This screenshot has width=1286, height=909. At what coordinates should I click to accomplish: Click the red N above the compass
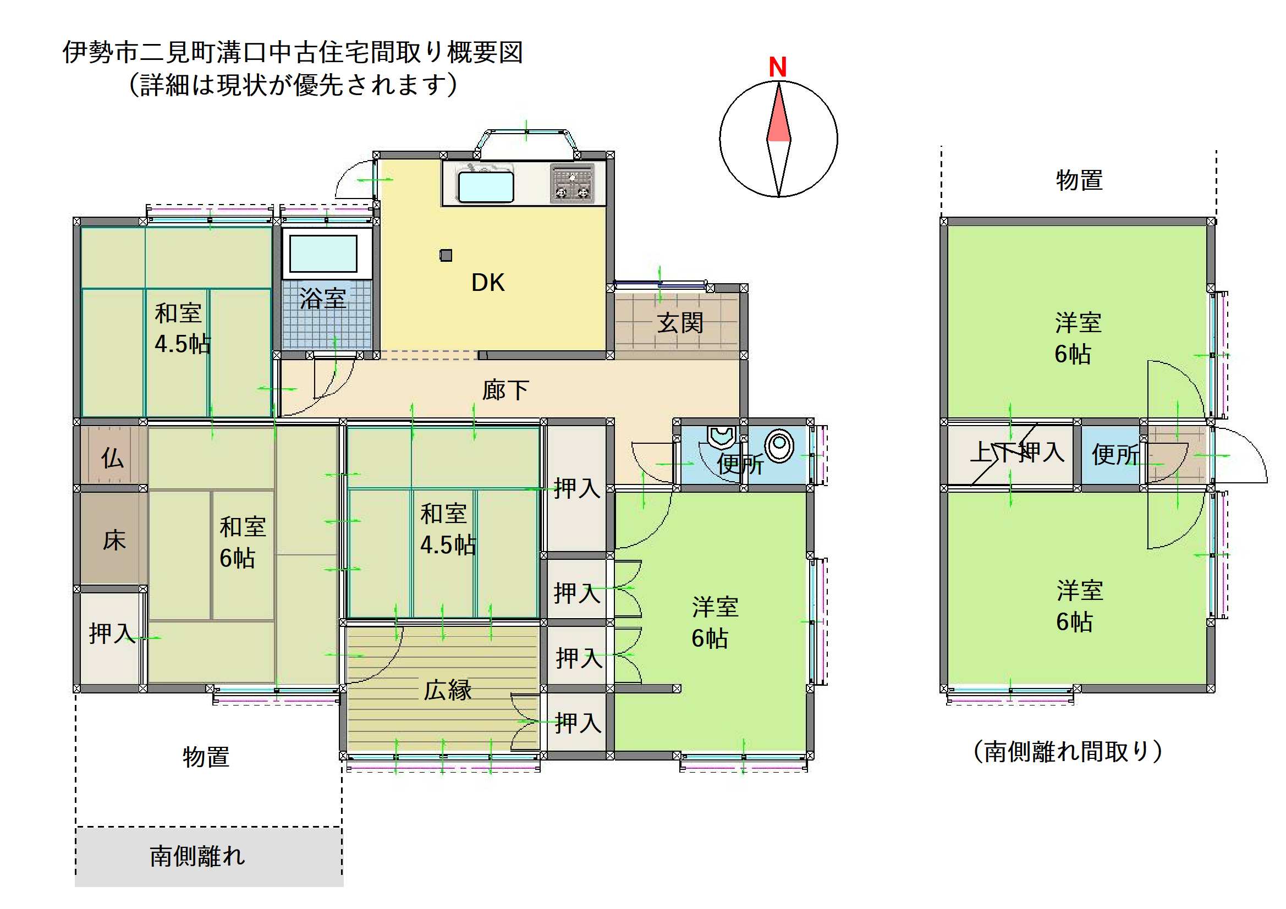[777, 67]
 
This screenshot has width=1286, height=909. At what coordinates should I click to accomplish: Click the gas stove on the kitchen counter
[572, 183]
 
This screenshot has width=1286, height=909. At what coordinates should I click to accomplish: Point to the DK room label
[488, 283]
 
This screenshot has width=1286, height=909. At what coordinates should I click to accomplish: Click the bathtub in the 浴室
[323, 254]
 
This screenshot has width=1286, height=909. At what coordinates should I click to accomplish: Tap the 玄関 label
[680, 323]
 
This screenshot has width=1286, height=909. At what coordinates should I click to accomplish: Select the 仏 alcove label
[113, 458]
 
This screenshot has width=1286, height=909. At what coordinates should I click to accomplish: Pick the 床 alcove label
[114, 541]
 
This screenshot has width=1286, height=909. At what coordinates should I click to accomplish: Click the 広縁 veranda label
[448, 690]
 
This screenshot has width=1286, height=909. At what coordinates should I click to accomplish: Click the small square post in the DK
[446, 255]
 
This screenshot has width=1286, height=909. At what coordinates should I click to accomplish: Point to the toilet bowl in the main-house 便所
[779, 446]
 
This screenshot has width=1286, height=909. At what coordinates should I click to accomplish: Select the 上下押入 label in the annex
[1017, 452]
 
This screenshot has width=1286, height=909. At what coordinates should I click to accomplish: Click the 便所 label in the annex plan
[1115, 454]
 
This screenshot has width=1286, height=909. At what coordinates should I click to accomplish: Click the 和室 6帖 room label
[243, 542]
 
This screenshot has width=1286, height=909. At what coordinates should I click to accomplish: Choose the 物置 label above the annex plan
[1079, 180]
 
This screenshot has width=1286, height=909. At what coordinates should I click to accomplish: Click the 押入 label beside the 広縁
[578, 723]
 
